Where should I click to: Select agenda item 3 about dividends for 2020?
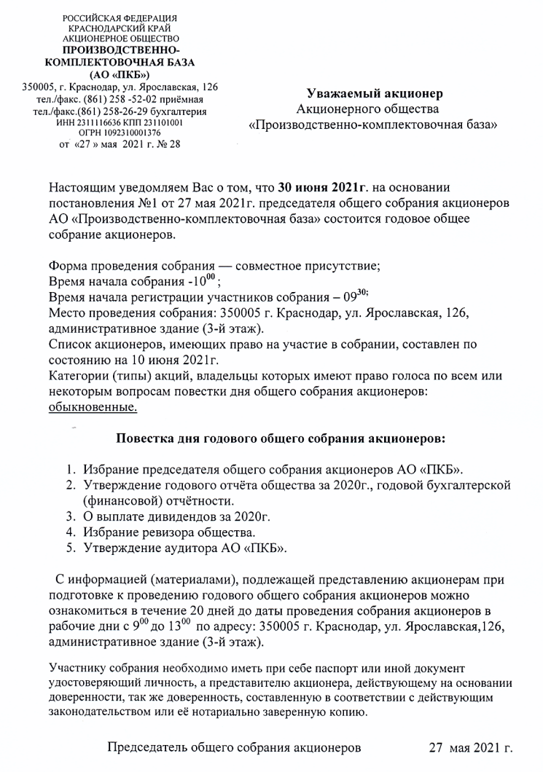[x=177, y=518]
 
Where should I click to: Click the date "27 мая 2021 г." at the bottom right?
[x=470, y=748]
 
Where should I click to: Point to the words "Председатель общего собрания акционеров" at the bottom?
[x=234, y=748]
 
